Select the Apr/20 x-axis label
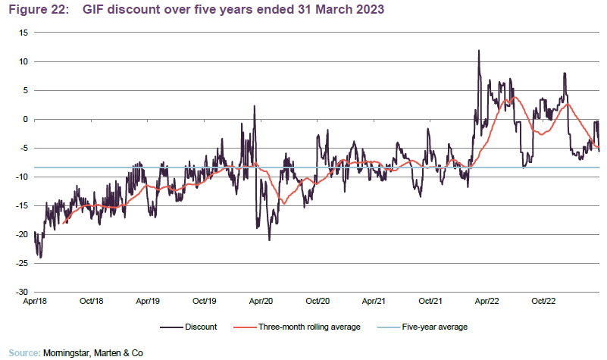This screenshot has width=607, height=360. (261, 302)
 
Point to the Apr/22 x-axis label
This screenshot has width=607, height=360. (487, 302)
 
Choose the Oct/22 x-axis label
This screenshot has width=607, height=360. (543, 302)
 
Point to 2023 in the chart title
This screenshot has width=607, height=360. (367, 9)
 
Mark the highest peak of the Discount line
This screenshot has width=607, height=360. (479, 51)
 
